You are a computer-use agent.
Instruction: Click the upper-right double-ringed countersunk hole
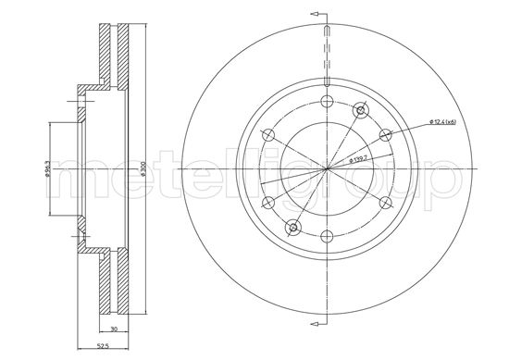[x=360, y=111]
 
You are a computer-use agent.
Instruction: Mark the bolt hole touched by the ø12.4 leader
[x=385, y=135]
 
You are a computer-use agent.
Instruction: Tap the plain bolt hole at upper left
[x=268, y=135]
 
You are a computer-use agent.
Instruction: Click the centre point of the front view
[x=327, y=169]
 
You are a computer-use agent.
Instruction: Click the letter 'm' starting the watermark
[x=69, y=179]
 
